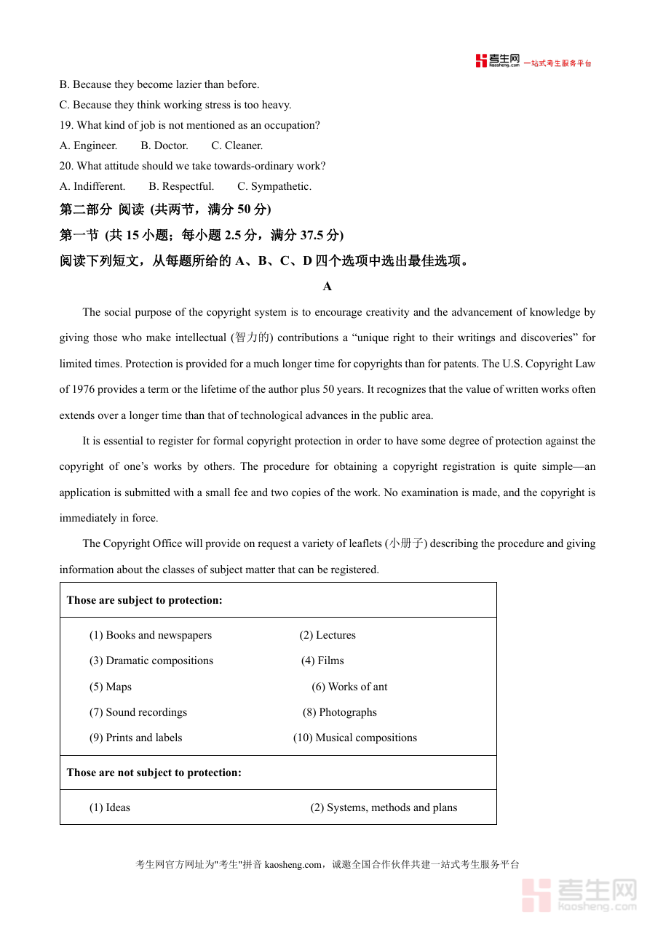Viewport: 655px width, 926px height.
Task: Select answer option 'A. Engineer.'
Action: point(88,145)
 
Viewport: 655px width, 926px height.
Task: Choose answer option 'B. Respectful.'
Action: point(181,186)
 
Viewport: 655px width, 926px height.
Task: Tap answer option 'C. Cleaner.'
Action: point(237,145)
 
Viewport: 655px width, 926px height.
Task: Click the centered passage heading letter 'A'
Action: point(327,287)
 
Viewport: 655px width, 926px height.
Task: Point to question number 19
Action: point(66,125)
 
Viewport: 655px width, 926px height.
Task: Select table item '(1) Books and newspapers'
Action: point(151,635)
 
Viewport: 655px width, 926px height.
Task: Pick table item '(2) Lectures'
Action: point(327,635)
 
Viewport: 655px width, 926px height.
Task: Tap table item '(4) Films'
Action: point(322,660)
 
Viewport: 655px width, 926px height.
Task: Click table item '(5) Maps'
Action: point(111,687)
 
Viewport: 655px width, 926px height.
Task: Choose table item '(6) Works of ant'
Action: point(349,687)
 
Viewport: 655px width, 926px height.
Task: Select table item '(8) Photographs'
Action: point(340,712)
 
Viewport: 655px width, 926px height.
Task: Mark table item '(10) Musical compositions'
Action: point(355,738)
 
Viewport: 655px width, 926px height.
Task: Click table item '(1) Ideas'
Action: point(110,807)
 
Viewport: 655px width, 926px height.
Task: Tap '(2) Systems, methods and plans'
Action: point(384,807)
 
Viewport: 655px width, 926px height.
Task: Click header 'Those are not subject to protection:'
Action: point(154,773)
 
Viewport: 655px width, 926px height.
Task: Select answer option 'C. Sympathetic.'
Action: point(274,186)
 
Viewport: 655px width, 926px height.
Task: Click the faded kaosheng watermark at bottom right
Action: point(579,895)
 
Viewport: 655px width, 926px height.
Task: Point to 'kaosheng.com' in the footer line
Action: point(293,865)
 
